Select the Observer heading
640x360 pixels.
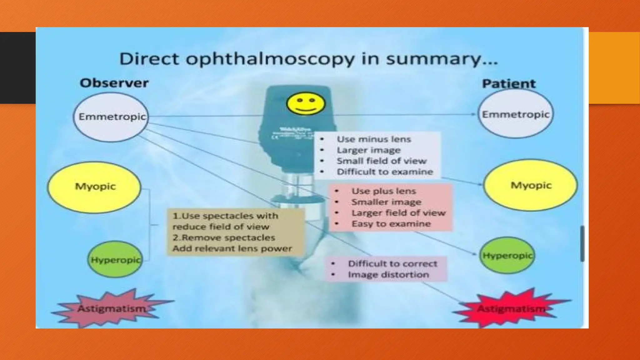click(114, 83)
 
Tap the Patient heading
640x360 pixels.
click(508, 84)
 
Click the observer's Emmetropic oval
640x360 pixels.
click(111, 117)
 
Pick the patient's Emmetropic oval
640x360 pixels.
click(515, 114)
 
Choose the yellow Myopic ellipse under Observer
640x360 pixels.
click(94, 187)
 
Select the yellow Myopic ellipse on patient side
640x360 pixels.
click(530, 185)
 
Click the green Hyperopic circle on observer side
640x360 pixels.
click(115, 260)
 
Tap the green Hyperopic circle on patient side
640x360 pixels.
click(507, 256)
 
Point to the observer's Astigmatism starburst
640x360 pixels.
click(112, 308)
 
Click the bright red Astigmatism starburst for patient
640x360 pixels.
click(511, 309)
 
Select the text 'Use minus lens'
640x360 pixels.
click(374, 139)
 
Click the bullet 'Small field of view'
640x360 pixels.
click(382, 161)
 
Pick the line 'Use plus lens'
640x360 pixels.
click(384, 191)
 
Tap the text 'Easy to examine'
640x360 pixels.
click(391, 224)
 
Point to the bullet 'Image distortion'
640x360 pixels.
click(388, 275)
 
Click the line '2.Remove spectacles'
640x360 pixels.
click(224, 237)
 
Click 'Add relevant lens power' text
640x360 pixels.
click(232, 248)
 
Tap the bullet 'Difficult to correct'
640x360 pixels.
click(392, 264)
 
